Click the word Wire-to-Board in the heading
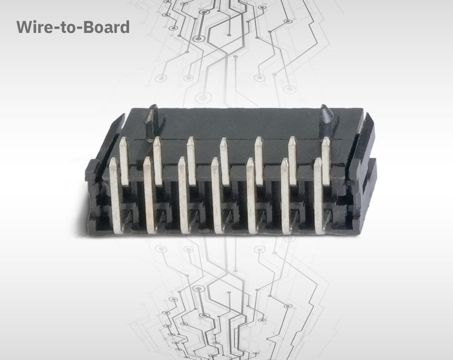pyautogui.click(x=73, y=27)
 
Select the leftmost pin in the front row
pyautogui.click(x=115, y=195)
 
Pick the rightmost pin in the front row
pyautogui.click(x=319, y=195)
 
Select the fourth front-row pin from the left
pyautogui.click(x=216, y=195)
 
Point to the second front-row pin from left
pyautogui.click(x=149, y=195)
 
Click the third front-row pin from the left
pyautogui.click(x=183, y=195)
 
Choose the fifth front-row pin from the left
pyautogui.click(x=250, y=195)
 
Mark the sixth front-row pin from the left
pyautogui.click(x=285, y=195)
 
